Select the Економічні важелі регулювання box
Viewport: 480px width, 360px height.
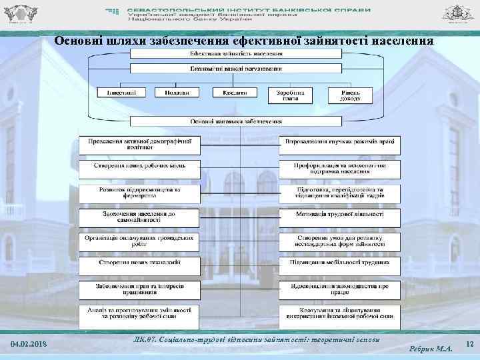(x=236, y=69)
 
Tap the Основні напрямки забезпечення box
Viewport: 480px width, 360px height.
(x=236, y=122)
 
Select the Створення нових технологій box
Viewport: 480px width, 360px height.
(x=139, y=263)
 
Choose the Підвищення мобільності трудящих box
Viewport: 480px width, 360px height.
(x=339, y=263)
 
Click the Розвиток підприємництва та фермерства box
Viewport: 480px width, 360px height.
(x=139, y=193)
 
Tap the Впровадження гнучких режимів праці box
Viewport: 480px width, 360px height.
(x=339, y=142)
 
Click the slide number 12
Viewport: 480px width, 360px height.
(x=469, y=344)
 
